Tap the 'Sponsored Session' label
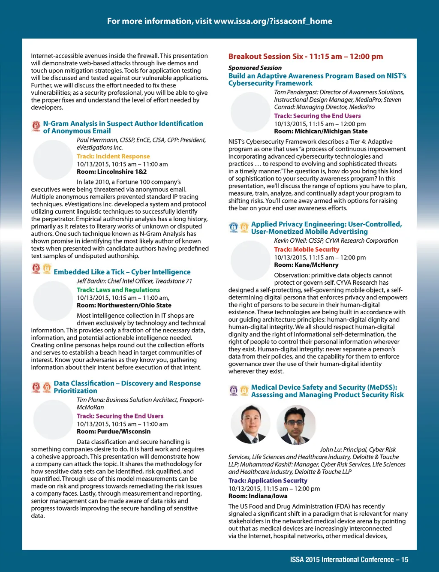(x=255, y=68)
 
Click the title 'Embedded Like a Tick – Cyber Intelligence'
(x=122, y=272)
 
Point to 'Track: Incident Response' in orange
(x=113, y=157)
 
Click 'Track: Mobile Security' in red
(x=307, y=250)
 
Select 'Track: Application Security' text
(x=268, y=481)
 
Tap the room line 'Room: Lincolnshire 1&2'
(x=111, y=172)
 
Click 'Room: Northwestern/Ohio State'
(x=124, y=305)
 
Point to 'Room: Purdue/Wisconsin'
(x=114, y=431)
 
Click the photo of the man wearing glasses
(x=296, y=424)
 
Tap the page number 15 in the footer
(x=405, y=560)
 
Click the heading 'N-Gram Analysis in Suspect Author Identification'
(x=123, y=123)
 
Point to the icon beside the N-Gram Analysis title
(x=36, y=126)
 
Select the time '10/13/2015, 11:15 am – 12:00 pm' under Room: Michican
(x=320, y=124)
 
